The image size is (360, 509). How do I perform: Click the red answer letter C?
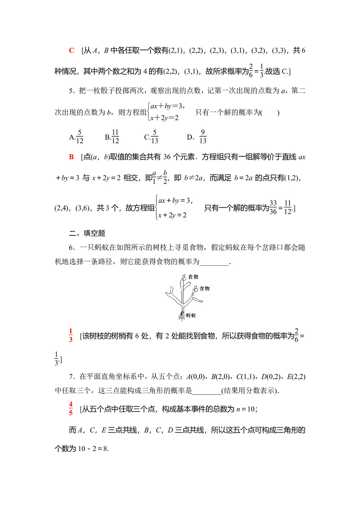tap(72, 50)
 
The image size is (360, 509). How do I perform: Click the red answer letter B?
tap(71, 157)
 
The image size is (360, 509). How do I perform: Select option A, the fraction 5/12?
tap(76, 137)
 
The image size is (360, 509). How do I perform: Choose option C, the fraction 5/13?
tap(151, 137)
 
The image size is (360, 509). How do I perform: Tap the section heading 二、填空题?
tap(87, 233)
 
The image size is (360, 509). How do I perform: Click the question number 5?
tap(71, 91)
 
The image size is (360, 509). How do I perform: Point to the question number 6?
tap(71, 247)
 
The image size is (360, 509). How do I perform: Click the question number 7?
tap(71, 377)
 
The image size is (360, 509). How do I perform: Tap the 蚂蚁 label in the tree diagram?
tap(191, 316)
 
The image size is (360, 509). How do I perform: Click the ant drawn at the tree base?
tap(181, 316)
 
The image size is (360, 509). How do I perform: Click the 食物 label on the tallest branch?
tap(193, 277)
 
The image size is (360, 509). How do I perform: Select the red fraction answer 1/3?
tap(71, 335)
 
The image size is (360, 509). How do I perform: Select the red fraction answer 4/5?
tap(71, 409)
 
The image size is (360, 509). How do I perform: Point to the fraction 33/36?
tap(273, 208)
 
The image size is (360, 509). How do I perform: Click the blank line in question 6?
tap(214, 262)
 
